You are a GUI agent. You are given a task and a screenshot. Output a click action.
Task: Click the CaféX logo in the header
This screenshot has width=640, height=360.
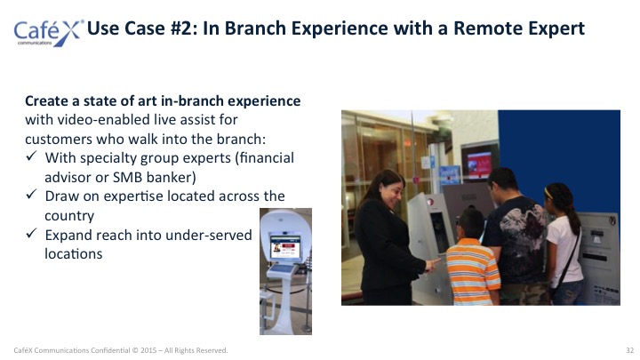tap(48, 33)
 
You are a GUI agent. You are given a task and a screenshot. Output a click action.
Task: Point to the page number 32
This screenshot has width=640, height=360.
tap(630, 350)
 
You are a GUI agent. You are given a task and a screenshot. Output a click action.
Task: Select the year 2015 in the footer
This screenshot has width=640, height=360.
tap(148, 350)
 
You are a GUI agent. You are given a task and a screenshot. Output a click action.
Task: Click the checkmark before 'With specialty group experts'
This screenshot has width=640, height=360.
tap(31, 156)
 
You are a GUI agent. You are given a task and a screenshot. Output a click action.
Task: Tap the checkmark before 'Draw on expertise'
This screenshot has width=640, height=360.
tap(31, 195)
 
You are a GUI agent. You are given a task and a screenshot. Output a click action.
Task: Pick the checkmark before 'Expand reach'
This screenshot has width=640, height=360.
tap(31, 234)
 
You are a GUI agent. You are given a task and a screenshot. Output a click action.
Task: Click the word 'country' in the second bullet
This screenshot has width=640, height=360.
tap(69, 216)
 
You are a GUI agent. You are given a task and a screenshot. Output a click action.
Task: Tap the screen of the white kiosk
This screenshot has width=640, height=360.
tap(285, 246)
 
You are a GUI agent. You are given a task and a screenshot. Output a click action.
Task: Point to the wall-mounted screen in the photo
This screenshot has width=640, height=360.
tap(480, 161)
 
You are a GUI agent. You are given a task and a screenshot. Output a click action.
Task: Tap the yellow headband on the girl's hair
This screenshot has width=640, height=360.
tap(548, 193)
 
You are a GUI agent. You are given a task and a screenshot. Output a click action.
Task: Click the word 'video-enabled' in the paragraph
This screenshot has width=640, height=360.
tap(104, 120)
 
